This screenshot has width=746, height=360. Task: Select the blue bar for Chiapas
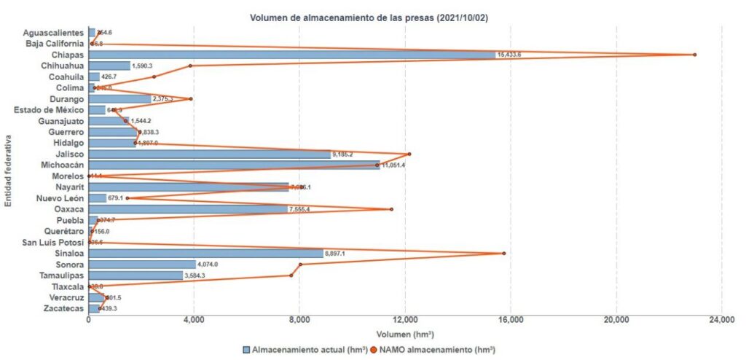291,55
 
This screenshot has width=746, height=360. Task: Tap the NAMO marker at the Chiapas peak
694,55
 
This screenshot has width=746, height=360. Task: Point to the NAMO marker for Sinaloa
503,253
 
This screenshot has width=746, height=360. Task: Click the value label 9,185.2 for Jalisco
342,154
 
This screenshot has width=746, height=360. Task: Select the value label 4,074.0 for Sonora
208,265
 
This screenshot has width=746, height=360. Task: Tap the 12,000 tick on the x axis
405,318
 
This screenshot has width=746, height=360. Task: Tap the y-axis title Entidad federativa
8,171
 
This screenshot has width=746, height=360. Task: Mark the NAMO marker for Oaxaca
391,209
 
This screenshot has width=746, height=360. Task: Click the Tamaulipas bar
136,275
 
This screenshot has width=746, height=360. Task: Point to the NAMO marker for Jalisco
409,154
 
